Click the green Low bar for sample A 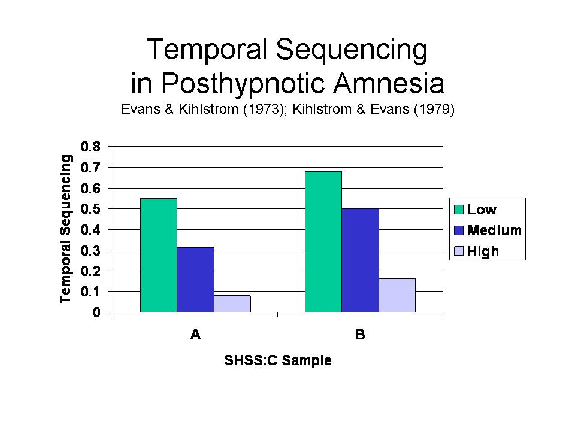(159, 255)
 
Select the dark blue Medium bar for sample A (195, 280)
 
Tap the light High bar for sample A (232, 303)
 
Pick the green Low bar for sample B (323, 242)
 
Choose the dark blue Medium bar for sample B (360, 260)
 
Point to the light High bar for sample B (397, 295)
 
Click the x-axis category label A (195, 335)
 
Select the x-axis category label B (361, 335)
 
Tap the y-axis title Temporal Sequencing (66, 229)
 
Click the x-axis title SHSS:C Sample (278, 361)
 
